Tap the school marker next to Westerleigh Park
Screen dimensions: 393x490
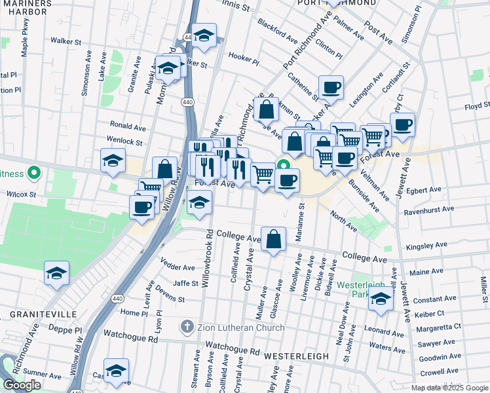pyautogui.click(x=381, y=300)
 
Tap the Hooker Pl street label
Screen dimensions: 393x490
pyautogui.click(x=244, y=57)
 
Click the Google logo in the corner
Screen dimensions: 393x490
pyautogui.click(x=22, y=385)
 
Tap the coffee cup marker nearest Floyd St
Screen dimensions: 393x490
pyautogui.click(x=402, y=124)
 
